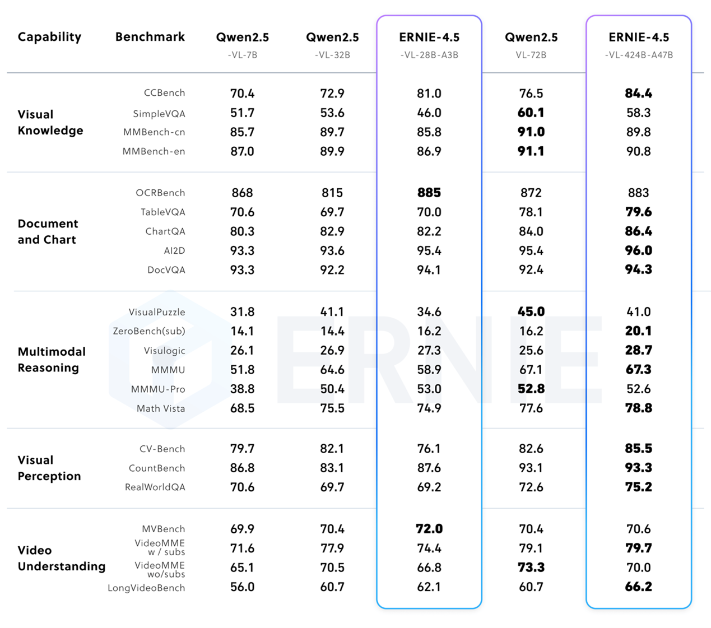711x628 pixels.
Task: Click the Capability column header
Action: [49, 37]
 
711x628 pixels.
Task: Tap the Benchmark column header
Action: [150, 37]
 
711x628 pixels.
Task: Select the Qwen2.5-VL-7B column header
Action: [242, 44]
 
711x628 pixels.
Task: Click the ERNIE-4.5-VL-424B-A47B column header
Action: [639, 44]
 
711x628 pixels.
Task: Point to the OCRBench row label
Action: [160, 193]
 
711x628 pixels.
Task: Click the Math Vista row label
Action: [161, 408]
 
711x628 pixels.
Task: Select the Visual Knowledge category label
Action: [50, 122]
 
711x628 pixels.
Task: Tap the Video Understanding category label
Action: [61, 558]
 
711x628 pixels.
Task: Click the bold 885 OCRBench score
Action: [429, 193]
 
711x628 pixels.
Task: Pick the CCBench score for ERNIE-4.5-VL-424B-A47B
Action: [638, 93]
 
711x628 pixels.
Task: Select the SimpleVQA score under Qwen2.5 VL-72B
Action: [531, 113]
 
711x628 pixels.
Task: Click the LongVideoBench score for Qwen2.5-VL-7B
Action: [242, 587]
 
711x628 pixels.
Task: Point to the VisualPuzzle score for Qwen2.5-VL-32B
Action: [332, 311]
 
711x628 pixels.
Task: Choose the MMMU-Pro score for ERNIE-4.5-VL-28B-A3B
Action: [429, 389]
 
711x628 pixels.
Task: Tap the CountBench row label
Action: [157, 468]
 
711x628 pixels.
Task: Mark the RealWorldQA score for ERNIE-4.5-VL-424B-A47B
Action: [638, 487]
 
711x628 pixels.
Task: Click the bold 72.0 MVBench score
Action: [429, 529]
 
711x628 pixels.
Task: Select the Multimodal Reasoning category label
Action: [52, 359]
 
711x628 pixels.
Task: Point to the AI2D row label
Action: [174, 250]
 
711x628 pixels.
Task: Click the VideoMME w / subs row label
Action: [160, 547]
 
